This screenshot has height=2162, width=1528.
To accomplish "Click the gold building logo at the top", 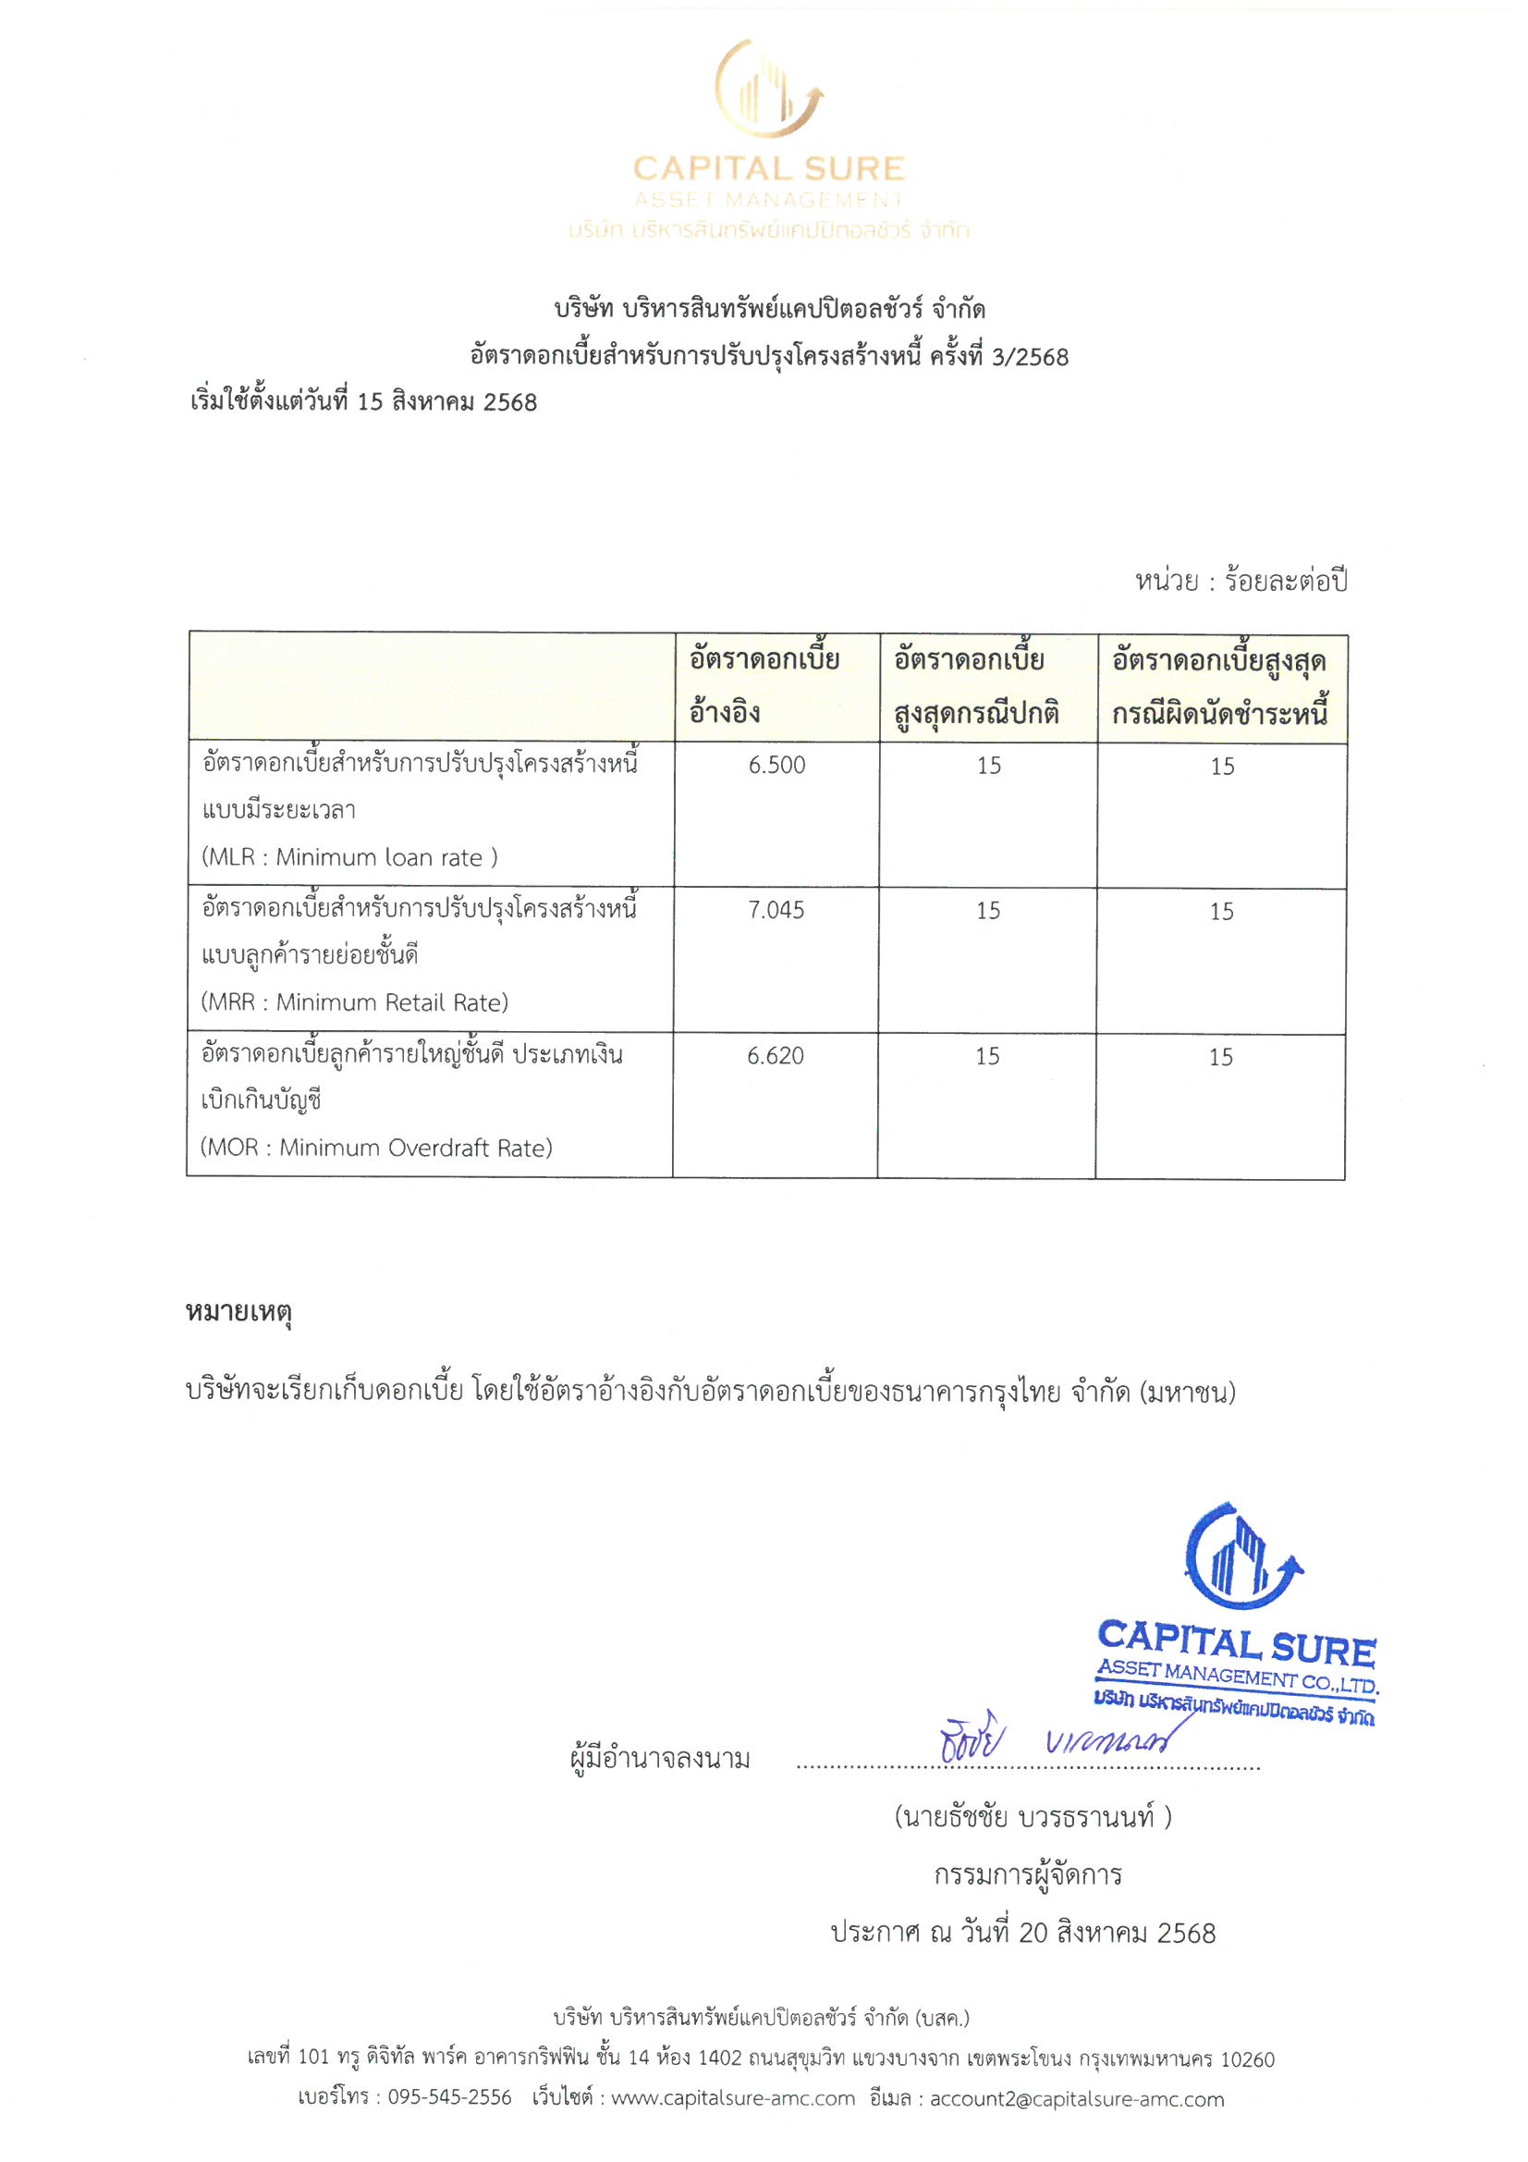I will pos(767,90).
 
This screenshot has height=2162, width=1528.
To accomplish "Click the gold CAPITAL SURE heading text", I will pos(768,169).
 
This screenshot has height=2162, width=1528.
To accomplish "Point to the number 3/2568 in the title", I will pos(1030,358).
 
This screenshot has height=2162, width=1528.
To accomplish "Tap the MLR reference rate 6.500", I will pos(776,766).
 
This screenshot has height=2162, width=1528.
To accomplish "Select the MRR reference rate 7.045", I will pos(776,911).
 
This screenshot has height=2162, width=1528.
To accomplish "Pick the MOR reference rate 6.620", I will pos(775,1057).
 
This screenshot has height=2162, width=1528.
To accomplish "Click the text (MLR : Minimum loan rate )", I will pos(349,858).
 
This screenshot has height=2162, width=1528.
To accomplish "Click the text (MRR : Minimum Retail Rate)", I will pos(355,1002).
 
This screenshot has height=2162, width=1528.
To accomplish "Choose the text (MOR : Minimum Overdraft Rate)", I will pos(376,1149).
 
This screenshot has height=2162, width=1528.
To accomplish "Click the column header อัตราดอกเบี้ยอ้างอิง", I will pos(764,686).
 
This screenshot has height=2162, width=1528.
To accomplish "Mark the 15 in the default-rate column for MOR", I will pos(1220,1058).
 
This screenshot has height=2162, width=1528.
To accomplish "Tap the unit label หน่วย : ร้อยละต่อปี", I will pos(1241,582).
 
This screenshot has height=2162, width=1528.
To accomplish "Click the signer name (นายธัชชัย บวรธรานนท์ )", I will pos(1032,1816).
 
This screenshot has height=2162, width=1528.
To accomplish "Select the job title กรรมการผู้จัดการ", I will pos(1027,1874).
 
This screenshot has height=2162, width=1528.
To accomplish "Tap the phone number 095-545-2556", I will pos(449,2098).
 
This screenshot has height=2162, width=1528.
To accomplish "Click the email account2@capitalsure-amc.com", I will pos(1076,2099).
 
